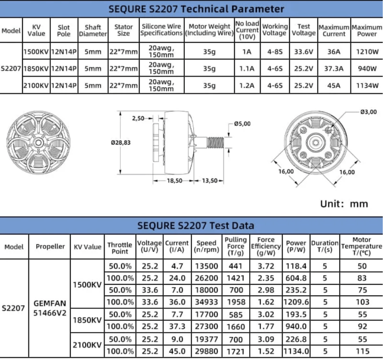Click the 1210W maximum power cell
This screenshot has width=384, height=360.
click(367, 52)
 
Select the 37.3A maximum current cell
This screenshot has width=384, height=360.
click(334, 69)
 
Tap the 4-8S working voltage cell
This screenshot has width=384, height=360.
click(275, 52)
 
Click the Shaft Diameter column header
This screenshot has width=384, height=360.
click(93, 30)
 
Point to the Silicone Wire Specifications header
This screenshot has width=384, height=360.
click(161, 30)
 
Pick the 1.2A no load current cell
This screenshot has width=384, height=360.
click(247, 85)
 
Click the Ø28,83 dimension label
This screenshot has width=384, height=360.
click(121, 142)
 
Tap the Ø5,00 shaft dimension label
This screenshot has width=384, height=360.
click(242, 124)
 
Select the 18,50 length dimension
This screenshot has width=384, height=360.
click(174, 181)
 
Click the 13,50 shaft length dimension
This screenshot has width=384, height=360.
click(209, 181)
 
